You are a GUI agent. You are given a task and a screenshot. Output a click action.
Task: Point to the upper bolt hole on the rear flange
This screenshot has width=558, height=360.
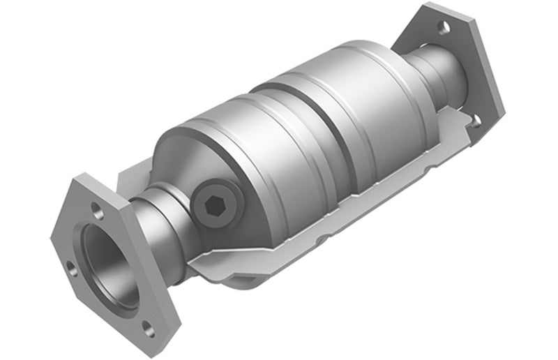[443, 27]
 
